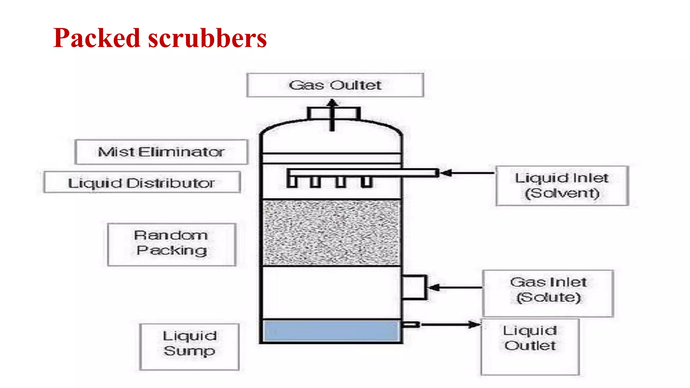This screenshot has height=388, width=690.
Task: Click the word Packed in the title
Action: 96,38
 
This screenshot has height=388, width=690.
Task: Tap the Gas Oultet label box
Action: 335,85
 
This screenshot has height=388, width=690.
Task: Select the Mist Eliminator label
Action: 161,152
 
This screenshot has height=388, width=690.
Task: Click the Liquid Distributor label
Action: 142,183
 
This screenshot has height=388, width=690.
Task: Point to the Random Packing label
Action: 171,243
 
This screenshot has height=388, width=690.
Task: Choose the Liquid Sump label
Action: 189,344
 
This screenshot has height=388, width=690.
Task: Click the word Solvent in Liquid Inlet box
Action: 562,193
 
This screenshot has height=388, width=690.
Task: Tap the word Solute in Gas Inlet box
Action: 548,297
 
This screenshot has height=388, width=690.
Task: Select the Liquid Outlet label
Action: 530,338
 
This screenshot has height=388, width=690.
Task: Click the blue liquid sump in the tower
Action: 331,331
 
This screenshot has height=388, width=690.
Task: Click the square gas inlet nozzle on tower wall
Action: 414,287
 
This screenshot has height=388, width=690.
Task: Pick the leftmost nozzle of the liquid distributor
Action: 292,182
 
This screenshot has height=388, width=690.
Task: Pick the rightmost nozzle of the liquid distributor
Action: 366,182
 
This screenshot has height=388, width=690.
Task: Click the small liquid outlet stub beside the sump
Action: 411,325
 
